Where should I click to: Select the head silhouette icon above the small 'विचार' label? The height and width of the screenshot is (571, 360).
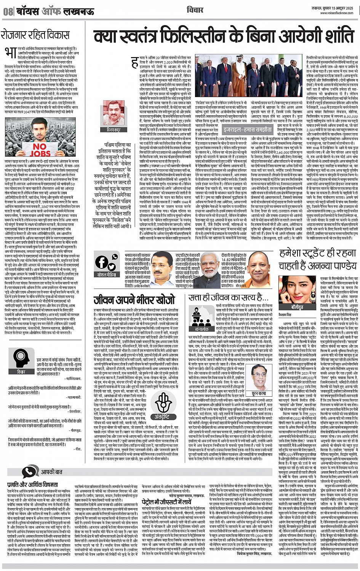[x=21, y=359]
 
